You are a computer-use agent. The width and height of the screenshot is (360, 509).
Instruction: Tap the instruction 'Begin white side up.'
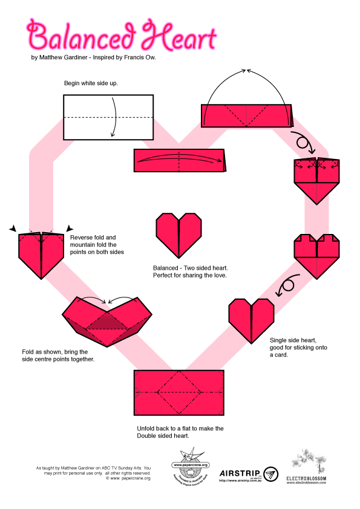(91, 83)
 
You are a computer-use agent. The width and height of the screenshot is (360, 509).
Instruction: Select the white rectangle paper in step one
(108, 117)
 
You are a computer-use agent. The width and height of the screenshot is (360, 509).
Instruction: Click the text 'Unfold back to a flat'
(180, 428)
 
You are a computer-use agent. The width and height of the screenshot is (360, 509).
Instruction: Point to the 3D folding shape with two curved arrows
(107, 320)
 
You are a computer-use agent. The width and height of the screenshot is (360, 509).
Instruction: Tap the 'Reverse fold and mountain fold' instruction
(97, 238)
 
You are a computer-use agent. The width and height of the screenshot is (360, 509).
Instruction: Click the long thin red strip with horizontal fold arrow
(181, 160)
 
